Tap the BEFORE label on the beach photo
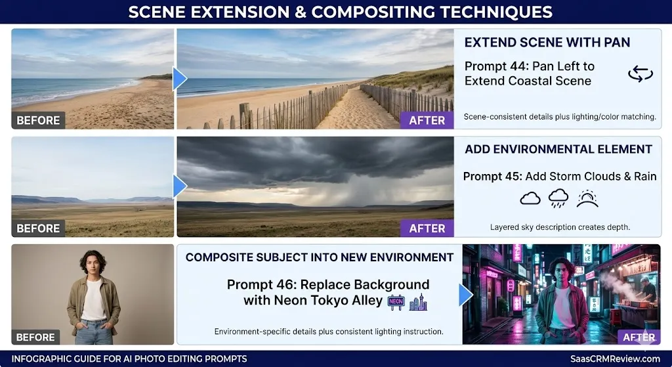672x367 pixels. tap(38, 120)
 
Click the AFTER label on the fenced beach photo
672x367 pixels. tap(427, 120)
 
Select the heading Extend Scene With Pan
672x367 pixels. tap(547, 43)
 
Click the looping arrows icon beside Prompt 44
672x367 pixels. tap(640, 74)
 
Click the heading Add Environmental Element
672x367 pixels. tap(558, 150)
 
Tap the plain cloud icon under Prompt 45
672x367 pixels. tap(530, 198)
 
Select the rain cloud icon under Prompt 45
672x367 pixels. tap(558, 198)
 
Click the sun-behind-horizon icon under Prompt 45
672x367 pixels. tap(587, 198)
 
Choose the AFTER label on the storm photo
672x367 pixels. tap(427, 228)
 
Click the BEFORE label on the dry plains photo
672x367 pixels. tap(38, 228)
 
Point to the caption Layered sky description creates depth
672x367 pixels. tap(560, 227)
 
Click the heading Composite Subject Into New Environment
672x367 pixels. tap(320, 257)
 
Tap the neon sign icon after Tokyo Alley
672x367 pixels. tap(396, 302)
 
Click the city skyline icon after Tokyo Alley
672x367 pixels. tap(418, 302)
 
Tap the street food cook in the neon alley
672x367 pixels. tap(647, 289)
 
